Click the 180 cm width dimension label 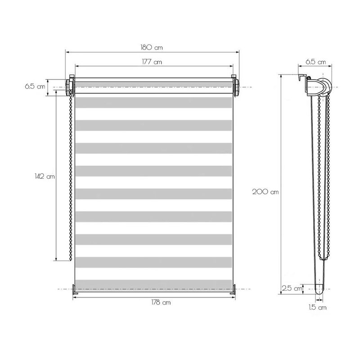152,48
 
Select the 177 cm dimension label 152,62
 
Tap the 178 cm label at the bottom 161,302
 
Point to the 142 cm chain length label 45,176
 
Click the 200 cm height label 265,192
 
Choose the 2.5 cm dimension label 292,288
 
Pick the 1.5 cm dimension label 318,307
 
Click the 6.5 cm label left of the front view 35,86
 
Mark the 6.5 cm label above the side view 316,62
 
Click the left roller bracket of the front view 70,86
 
